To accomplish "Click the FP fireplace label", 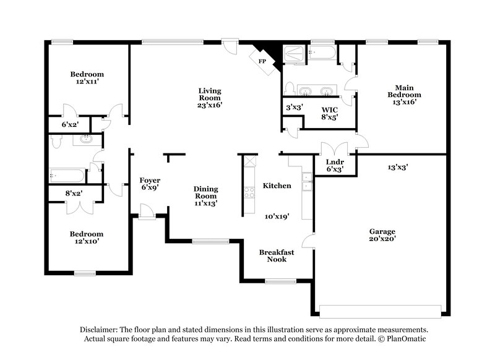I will click(x=262, y=62).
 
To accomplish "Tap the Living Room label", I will click(x=210, y=98).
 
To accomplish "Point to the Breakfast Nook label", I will click(x=276, y=255).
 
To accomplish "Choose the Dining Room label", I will click(x=205, y=195).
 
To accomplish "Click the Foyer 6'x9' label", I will click(x=150, y=184).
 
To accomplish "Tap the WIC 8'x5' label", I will click(x=327, y=113).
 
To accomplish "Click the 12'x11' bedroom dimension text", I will click(x=87, y=81).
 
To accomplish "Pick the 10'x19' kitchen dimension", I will click(x=276, y=216).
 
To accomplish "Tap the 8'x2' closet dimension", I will click(x=74, y=193).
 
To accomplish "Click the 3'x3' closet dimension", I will click(x=293, y=107).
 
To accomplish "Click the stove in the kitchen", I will click(x=250, y=192).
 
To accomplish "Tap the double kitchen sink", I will click(x=306, y=181).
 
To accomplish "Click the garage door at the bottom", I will click(x=381, y=309).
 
